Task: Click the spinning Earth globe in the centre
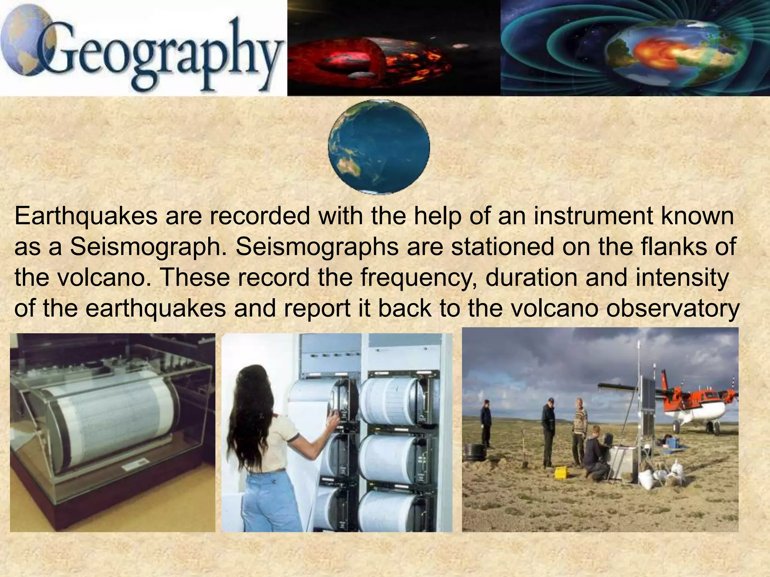pyautogui.click(x=379, y=147)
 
